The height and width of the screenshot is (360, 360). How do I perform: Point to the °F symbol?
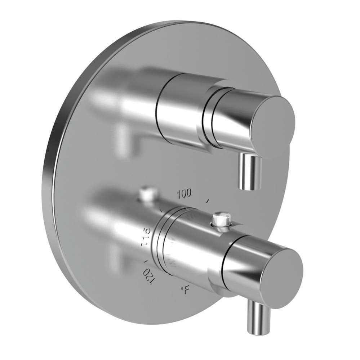(x=185, y=290)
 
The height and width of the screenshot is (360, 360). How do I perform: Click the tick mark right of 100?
(x=207, y=200)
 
